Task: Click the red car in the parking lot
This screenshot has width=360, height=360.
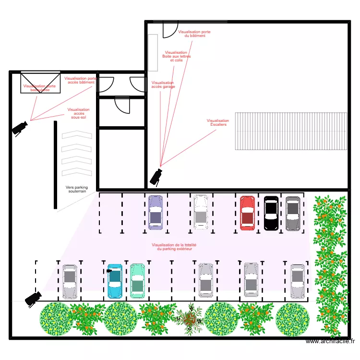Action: pos(247,212)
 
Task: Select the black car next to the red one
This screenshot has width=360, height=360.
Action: pos(271,213)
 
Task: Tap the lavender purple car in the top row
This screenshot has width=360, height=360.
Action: pos(156,212)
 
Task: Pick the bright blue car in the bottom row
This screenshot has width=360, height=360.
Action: pos(115,281)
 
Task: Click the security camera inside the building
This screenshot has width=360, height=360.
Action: pos(156,176)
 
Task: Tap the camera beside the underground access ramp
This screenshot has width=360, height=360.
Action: pos(20,128)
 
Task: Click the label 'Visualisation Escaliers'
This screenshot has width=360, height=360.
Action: pos(218,123)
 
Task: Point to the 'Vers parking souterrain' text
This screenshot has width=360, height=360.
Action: pos(77,190)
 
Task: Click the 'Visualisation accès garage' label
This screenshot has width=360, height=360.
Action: pos(163,84)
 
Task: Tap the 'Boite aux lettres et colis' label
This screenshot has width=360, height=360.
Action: pos(176,57)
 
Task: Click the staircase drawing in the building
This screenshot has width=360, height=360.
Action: pos(290,131)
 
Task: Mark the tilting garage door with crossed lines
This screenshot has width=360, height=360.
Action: pos(40,83)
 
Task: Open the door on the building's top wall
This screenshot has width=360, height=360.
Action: pos(170,29)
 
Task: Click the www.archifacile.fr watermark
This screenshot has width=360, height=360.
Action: pos(330,341)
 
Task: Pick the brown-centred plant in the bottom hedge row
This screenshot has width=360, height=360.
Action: pos(189,318)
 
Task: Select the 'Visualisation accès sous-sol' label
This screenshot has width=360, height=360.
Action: pos(78,113)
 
